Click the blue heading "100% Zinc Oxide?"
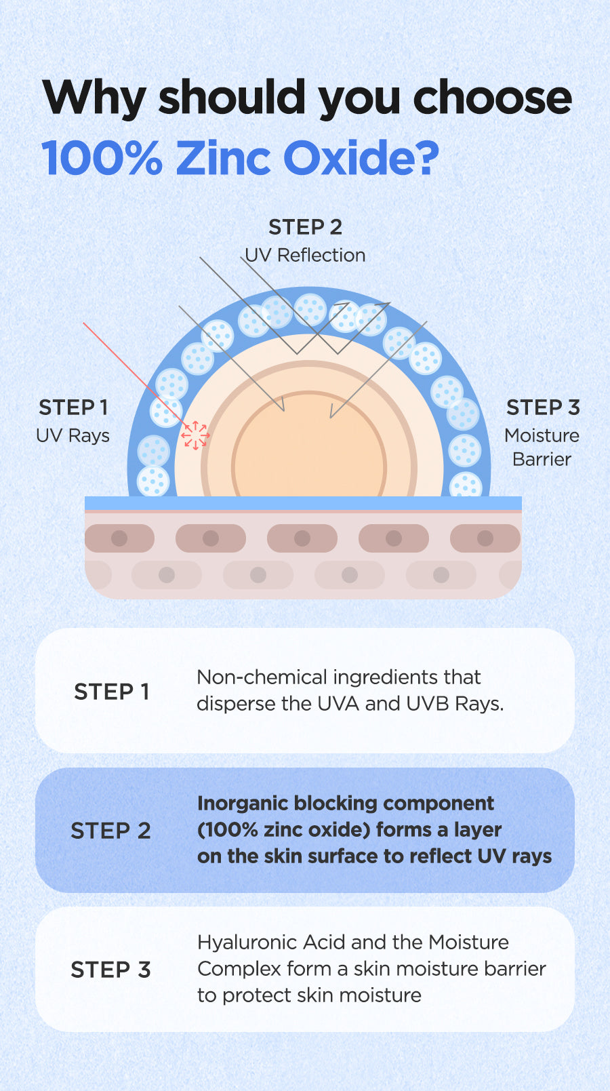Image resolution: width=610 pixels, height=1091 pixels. tap(240, 159)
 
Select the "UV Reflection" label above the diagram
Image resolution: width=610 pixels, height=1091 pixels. tap(305, 256)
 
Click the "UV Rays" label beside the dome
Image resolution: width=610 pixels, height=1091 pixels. tap(73, 435)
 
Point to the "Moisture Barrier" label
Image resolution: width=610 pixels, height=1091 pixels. tap(542, 447)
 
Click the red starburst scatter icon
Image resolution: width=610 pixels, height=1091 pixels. tap(195, 435)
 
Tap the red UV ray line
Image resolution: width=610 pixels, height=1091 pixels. tap(129, 370)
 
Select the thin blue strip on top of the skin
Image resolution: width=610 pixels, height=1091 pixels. tap(303, 503)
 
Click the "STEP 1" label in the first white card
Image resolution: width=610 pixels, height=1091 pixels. tap(111, 692)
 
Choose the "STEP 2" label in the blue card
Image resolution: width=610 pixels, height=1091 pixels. tap(110, 831)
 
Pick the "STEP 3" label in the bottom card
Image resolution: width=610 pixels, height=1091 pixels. tap(110, 970)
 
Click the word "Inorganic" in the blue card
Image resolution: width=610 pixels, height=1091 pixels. tap(243, 804)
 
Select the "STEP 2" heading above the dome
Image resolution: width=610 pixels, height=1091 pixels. tap(305, 227)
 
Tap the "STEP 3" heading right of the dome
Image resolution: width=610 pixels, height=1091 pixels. tap(543, 408)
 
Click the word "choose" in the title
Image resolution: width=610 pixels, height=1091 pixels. tap(493, 98)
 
